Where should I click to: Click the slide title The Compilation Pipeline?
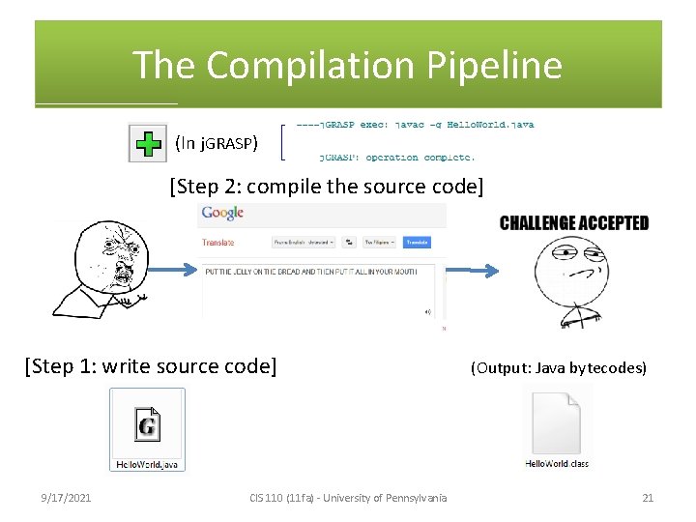tap(347, 66)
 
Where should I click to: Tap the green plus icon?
tap(148, 144)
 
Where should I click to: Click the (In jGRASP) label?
tap(216, 144)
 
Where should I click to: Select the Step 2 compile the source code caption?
tap(326, 185)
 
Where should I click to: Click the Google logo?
tap(221, 213)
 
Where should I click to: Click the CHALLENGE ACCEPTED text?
tap(574, 223)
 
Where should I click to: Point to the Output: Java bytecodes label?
tap(558, 368)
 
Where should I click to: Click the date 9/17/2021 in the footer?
tap(66, 498)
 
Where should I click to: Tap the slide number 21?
tap(648, 498)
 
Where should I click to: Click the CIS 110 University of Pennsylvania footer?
tap(348, 498)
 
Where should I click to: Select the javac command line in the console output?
tap(415, 125)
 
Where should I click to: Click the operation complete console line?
tap(396, 157)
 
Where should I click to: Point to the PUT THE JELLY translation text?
tap(309, 272)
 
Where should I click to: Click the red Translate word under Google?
tap(217, 243)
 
